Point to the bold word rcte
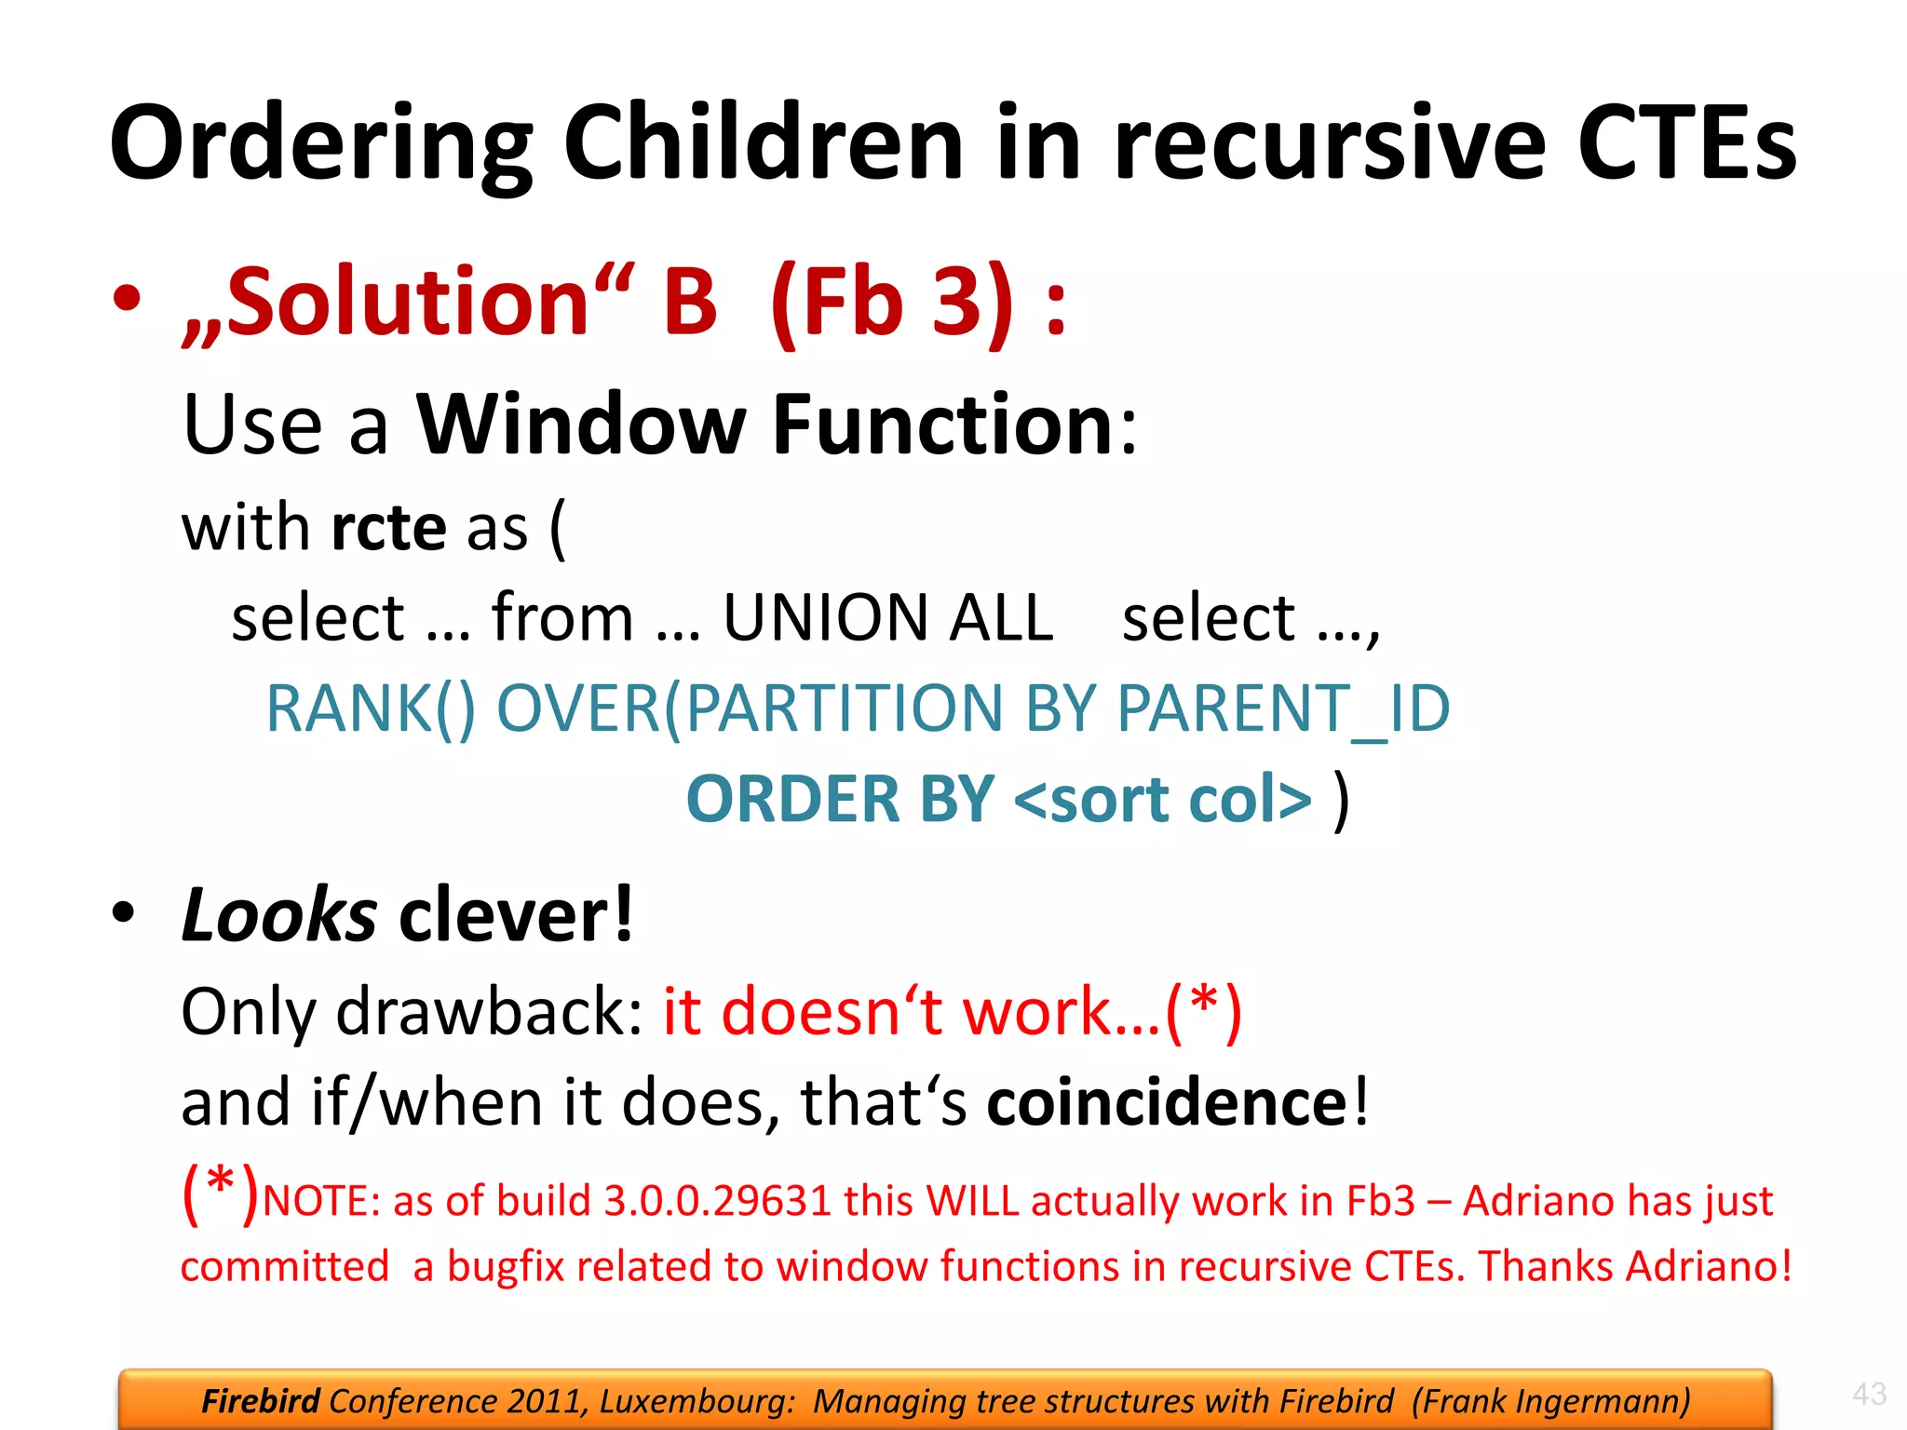click(388, 528)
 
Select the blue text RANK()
click(371, 709)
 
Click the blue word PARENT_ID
click(1282, 709)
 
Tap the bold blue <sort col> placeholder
click(1162, 800)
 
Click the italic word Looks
click(278, 915)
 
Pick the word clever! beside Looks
click(516, 915)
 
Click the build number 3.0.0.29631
click(717, 1201)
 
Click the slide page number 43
click(1869, 1394)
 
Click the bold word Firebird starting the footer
click(261, 1401)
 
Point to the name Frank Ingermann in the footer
click(1551, 1401)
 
